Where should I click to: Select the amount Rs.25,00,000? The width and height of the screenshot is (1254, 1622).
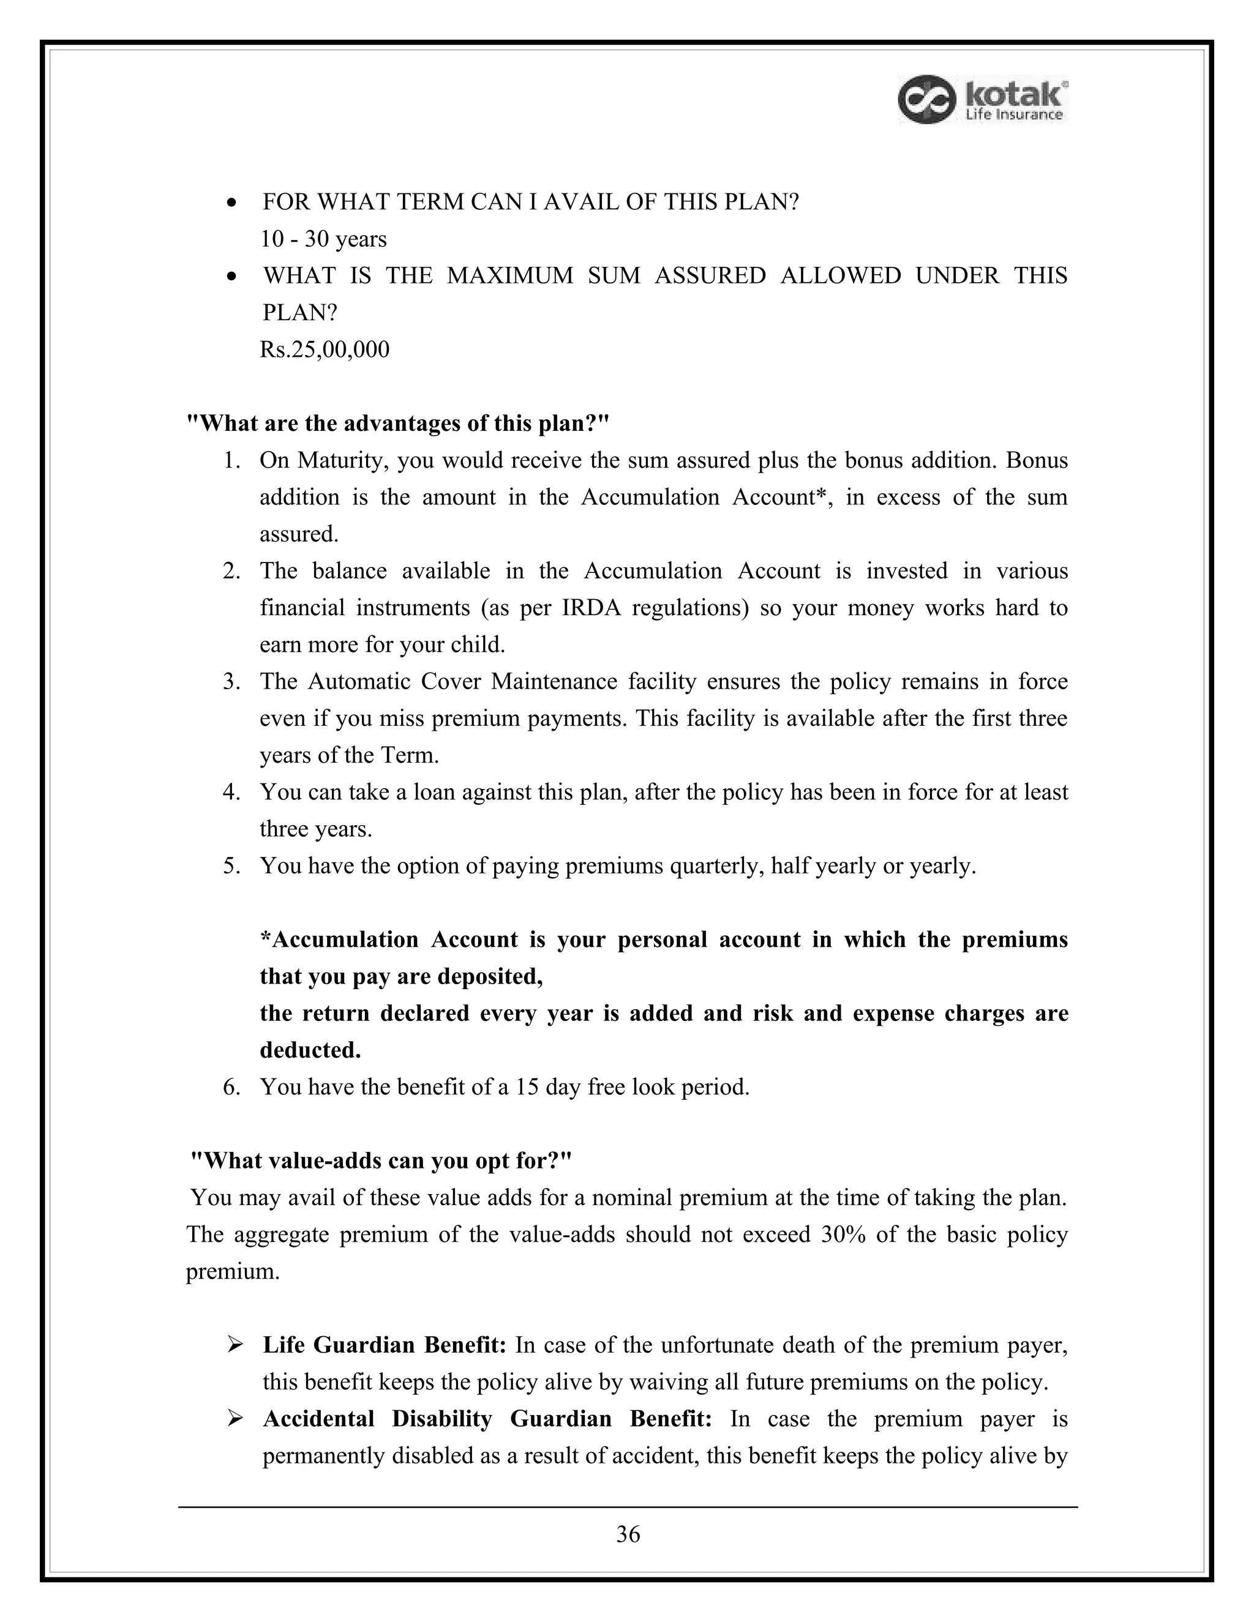coord(325,349)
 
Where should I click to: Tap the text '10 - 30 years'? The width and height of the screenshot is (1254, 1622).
coord(323,239)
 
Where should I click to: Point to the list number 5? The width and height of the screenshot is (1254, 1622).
coord(231,866)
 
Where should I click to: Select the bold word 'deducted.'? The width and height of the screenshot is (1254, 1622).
coord(310,1050)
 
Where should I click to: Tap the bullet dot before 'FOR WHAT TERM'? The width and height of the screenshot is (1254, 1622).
coord(233,203)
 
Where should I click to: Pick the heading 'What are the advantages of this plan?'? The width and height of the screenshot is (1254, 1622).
coord(397,424)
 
